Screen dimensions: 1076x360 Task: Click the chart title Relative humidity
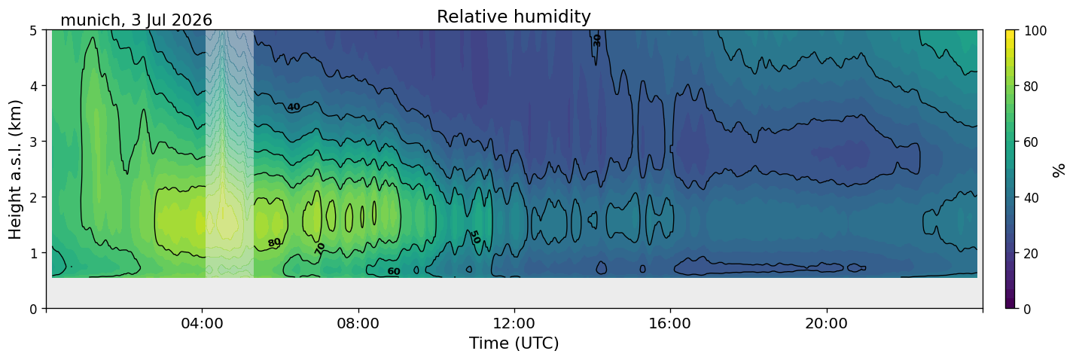pos(514,17)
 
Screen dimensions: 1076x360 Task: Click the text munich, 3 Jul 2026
pos(136,20)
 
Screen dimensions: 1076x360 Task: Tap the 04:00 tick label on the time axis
pos(203,323)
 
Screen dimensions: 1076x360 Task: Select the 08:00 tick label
pos(358,323)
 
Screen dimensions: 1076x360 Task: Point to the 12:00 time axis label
pos(514,323)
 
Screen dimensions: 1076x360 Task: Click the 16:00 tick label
pos(670,323)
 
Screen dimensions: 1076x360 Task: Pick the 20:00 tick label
pos(826,323)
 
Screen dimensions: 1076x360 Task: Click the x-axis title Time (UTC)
pos(514,343)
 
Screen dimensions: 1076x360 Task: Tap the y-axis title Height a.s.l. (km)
pos(15,169)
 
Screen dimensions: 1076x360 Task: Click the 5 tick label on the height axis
pos(33,31)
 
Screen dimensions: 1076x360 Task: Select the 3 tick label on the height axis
pos(33,142)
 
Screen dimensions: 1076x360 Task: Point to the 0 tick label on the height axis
pos(33,309)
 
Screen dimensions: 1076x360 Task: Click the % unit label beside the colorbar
pos(1059,169)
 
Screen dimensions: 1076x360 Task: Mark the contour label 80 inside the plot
pos(274,243)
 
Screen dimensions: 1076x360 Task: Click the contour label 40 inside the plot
pos(294,107)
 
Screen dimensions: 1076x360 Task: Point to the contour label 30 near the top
pos(596,41)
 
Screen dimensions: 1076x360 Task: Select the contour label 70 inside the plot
pos(319,249)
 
